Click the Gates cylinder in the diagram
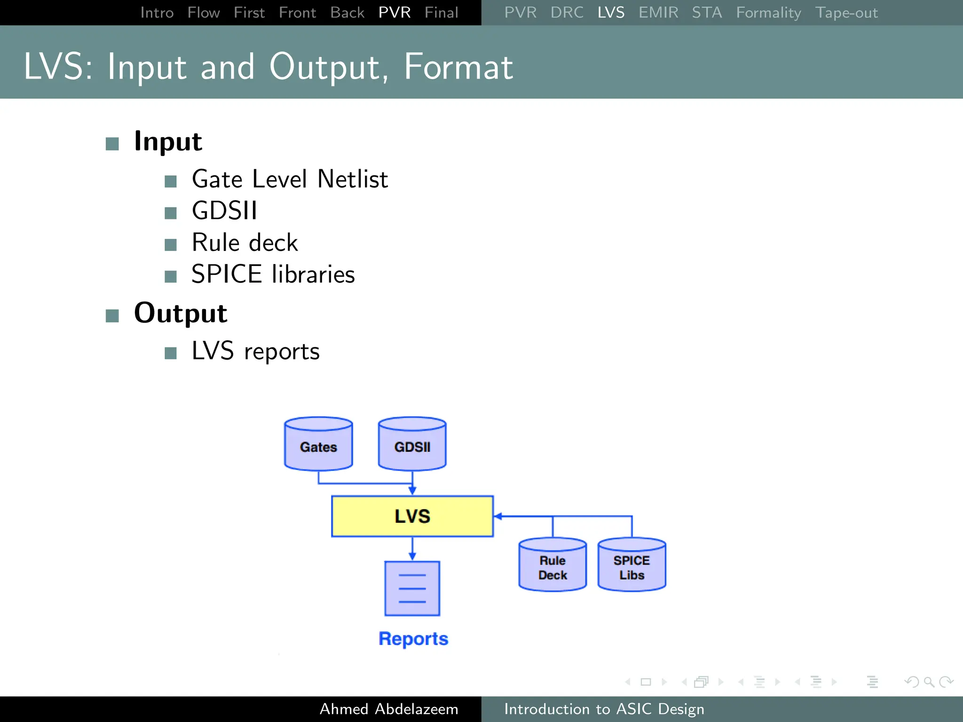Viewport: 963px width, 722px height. pyautogui.click(x=318, y=444)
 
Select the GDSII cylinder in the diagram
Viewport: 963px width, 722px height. pyautogui.click(x=412, y=444)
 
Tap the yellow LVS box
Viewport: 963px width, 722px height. pyautogui.click(x=412, y=516)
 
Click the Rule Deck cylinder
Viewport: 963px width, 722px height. pyautogui.click(x=553, y=565)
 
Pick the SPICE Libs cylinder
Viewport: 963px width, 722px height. pyautogui.click(x=631, y=565)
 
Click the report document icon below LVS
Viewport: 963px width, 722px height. pyautogui.click(x=412, y=589)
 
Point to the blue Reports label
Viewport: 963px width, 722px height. pyautogui.click(x=413, y=639)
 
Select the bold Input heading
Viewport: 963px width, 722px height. pyautogui.click(x=168, y=141)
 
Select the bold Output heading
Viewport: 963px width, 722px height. pyautogui.click(x=181, y=313)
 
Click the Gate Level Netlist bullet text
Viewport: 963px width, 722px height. pyautogui.click(x=290, y=179)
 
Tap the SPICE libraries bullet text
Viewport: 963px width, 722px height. pyautogui.click(x=273, y=274)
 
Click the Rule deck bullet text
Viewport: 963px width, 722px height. pyautogui.click(x=245, y=243)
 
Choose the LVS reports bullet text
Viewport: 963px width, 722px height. pyautogui.click(x=255, y=351)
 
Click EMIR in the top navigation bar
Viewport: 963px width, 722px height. pyautogui.click(x=658, y=13)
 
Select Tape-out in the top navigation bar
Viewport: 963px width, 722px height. pyautogui.click(x=846, y=13)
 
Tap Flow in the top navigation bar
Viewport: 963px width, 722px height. pyautogui.click(x=203, y=13)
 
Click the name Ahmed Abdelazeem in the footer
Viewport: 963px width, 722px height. pyautogui.click(x=388, y=709)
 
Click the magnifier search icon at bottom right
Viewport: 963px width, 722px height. pyautogui.click(x=929, y=682)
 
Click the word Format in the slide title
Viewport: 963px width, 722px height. pyautogui.click(x=458, y=67)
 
